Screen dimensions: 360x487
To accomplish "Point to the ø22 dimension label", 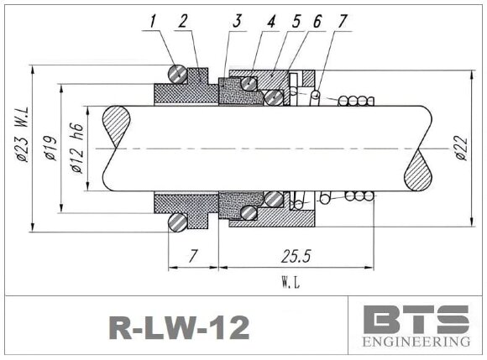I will [459, 148].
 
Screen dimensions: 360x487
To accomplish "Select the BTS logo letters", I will [415, 320].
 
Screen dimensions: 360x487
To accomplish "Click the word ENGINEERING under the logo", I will [415, 343].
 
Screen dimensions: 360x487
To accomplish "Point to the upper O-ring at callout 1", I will [177, 74].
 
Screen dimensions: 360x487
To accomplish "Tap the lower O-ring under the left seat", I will [177, 222].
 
